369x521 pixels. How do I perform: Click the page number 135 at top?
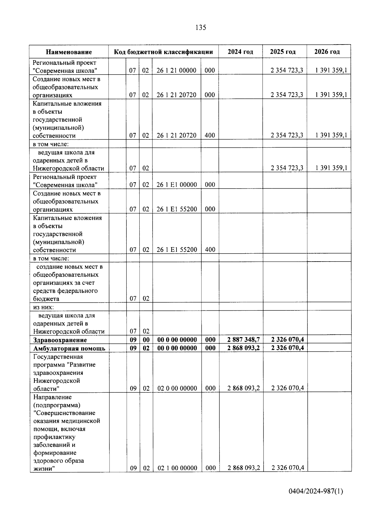coord(200,28)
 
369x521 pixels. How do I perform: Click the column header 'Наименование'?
coord(69,52)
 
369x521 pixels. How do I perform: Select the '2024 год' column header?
coord(240,52)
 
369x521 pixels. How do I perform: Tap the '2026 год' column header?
coord(327,52)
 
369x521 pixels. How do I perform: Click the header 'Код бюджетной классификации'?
coord(163,52)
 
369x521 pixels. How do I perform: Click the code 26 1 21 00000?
coord(176,70)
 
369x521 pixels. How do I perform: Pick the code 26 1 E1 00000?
coord(177,185)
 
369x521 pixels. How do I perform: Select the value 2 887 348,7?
coord(243,340)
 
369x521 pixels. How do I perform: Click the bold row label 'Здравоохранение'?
coord(60,340)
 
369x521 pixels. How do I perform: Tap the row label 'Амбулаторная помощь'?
coord(69,348)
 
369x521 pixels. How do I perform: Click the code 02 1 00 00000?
coord(177,468)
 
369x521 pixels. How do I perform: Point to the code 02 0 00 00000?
coord(177,388)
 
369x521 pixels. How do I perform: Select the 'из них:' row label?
coord(44,307)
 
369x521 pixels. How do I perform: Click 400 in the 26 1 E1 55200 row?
coord(210,250)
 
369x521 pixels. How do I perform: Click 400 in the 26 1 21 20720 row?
coord(210,135)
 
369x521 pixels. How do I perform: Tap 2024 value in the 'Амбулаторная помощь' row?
coord(243,348)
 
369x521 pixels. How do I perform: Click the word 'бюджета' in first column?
coord(46,299)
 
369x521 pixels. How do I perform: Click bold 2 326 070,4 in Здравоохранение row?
coord(287,340)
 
